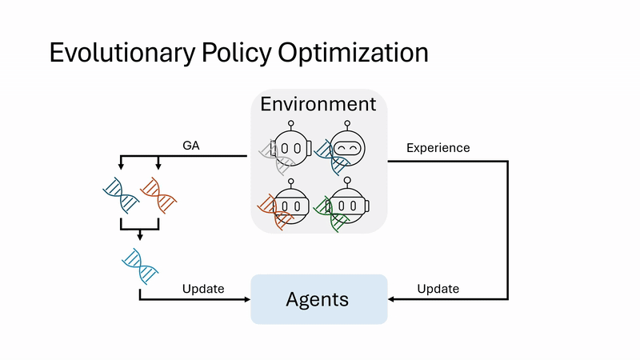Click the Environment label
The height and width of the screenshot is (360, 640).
click(318, 104)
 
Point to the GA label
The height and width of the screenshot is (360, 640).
click(191, 146)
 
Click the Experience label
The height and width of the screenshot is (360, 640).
click(438, 148)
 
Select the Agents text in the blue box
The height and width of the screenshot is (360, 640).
click(318, 300)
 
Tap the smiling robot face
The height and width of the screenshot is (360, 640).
click(347, 149)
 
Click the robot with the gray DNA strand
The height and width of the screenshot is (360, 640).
click(290, 147)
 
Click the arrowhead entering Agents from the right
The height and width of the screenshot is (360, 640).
click(392, 300)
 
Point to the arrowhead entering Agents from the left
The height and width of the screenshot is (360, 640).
click(246, 300)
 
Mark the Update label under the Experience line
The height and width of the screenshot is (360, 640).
click(438, 288)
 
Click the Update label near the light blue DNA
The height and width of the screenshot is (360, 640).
click(203, 288)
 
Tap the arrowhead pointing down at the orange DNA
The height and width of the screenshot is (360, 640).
click(158, 166)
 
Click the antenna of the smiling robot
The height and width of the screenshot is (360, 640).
click(347, 124)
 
